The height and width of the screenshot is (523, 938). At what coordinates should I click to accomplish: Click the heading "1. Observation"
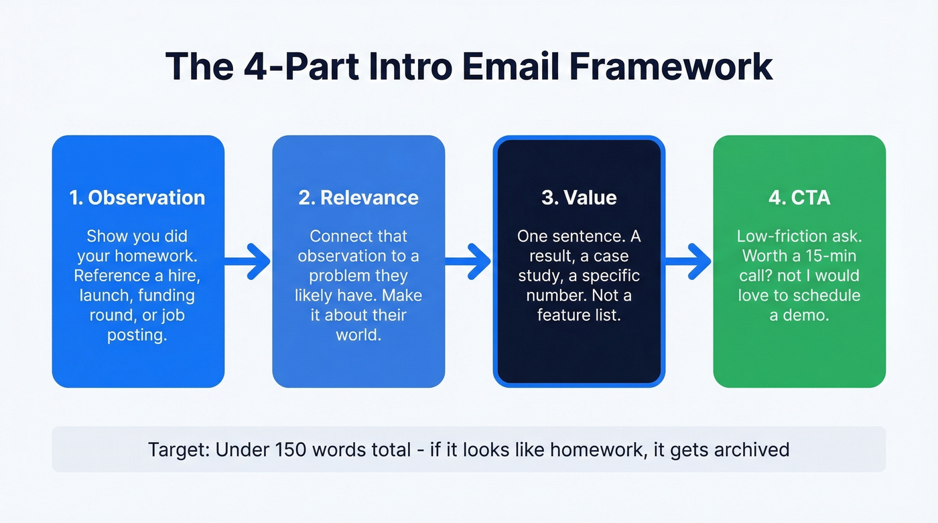coord(137,198)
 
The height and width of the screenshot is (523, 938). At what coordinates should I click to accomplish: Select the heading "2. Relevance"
coord(358,198)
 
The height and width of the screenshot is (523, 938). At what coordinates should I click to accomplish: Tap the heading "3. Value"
coord(579,198)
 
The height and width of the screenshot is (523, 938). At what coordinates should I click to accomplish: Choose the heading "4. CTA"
coord(799,198)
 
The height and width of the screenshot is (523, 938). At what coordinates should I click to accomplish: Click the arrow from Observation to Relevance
coord(248,261)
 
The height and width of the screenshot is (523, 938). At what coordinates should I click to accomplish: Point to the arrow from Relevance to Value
coord(468,261)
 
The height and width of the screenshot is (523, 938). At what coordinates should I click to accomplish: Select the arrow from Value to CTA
coord(688,261)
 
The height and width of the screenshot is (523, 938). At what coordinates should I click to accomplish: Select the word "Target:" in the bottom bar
coord(178,449)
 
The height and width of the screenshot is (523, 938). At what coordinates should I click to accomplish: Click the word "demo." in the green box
coord(809,315)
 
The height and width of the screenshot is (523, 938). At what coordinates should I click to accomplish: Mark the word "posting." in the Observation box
coord(137,335)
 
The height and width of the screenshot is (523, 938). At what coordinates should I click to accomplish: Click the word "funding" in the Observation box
coord(165,295)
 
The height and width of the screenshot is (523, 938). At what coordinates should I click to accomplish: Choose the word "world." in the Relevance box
coord(358,335)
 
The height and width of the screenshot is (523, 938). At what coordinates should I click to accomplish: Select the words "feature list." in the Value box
coord(579,315)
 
